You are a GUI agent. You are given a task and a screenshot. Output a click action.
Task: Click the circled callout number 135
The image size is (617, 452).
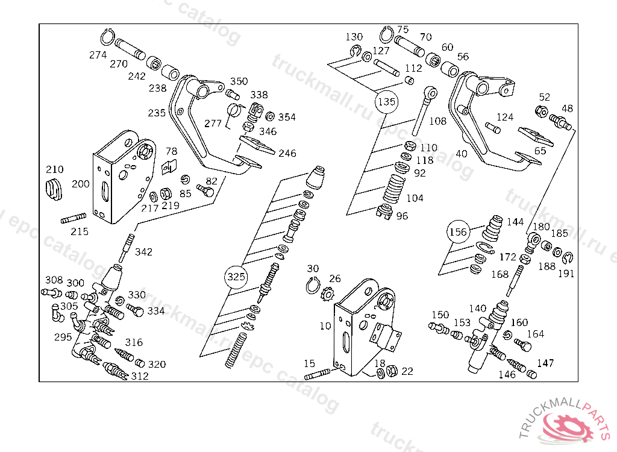click(386, 102)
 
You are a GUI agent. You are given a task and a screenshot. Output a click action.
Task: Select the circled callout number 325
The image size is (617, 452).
click(236, 277)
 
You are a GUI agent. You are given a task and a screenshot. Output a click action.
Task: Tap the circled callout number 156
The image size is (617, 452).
click(458, 232)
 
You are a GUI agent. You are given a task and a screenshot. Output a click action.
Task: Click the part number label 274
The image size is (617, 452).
click(98, 55)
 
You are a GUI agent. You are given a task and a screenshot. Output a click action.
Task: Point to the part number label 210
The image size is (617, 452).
click(55, 169)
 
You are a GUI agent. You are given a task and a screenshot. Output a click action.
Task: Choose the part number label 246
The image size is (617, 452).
click(287, 153)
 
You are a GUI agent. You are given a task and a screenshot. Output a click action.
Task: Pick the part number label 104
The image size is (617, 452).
click(415, 198)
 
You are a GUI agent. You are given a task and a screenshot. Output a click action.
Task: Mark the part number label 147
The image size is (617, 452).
click(545, 363)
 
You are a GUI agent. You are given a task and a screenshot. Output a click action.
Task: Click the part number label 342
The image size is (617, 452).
click(143, 252)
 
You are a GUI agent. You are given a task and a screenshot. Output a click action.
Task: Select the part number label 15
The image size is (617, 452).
click(309, 363)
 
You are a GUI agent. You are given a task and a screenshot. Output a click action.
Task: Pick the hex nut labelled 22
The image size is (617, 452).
click(390, 372)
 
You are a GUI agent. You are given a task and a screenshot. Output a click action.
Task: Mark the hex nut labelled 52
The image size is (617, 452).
click(541, 111)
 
